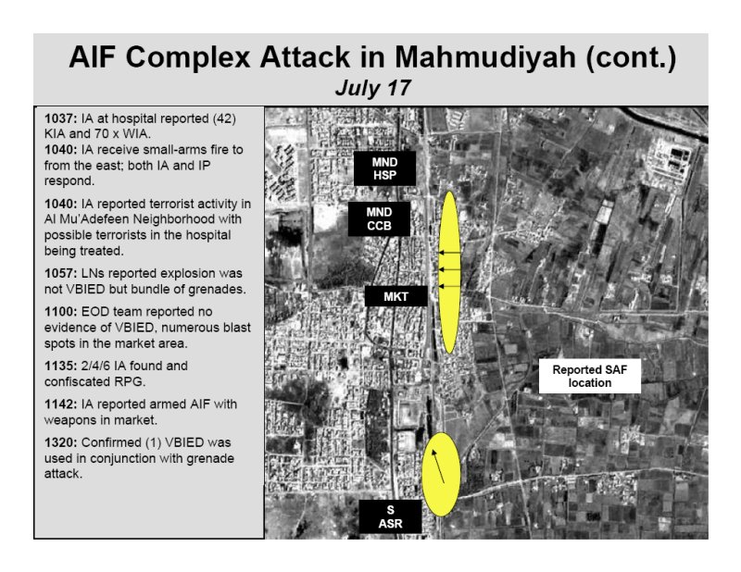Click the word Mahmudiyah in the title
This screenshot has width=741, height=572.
click(x=484, y=57)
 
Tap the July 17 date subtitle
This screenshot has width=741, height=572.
click(x=373, y=88)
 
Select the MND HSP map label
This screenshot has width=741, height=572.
click(x=384, y=168)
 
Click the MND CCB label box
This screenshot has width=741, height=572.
click(x=379, y=218)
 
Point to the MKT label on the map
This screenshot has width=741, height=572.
click(x=396, y=296)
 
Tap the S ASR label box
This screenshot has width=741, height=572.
click(x=390, y=516)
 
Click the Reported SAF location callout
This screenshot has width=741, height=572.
click(x=590, y=376)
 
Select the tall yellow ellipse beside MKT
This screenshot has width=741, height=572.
click(x=449, y=272)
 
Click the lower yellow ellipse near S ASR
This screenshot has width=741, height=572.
click(x=441, y=474)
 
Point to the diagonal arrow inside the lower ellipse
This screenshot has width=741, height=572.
click(x=438, y=466)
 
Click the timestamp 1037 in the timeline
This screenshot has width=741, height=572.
click(x=60, y=118)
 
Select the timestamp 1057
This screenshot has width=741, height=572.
click(x=60, y=273)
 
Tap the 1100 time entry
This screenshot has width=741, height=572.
click(x=60, y=312)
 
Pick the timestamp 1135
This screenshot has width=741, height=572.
click(x=60, y=366)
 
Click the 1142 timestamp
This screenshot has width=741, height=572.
click(x=60, y=404)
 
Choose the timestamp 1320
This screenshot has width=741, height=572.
click(x=60, y=442)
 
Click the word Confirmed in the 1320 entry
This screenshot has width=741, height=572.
click(x=110, y=442)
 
